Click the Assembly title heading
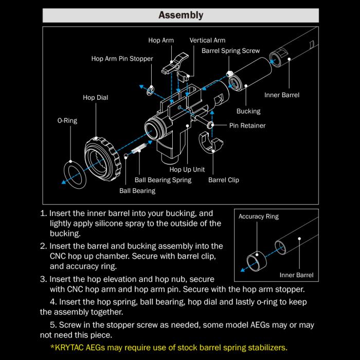click(x=181, y=15)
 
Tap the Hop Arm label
click(x=161, y=40)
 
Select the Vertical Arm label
click(x=207, y=40)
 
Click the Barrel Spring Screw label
click(x=230, y=51)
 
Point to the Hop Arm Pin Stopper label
click(x=122, y=59)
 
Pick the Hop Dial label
click(x=95, y=98)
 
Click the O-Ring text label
click(x=67, y=121)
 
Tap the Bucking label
click(x=248, y=111)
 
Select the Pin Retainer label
click(x=247, y=125)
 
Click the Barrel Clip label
click(x=223, y=180)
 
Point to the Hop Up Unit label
click(x=187, y=169)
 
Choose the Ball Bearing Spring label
click(x=163, y=180)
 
